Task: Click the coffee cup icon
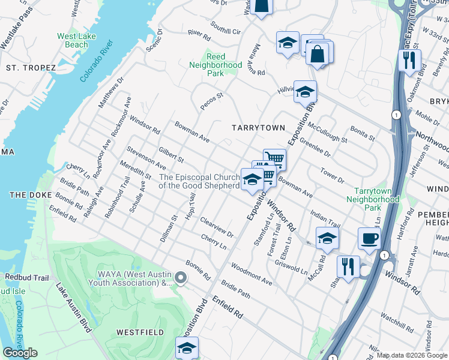point(369,238)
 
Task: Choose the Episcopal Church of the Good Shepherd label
point(199,181)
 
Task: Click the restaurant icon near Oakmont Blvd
point(410,60)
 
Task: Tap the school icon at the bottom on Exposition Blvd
point(187,347)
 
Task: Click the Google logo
point(20,353)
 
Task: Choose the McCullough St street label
point(327,133)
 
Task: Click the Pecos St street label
point(212,100)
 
